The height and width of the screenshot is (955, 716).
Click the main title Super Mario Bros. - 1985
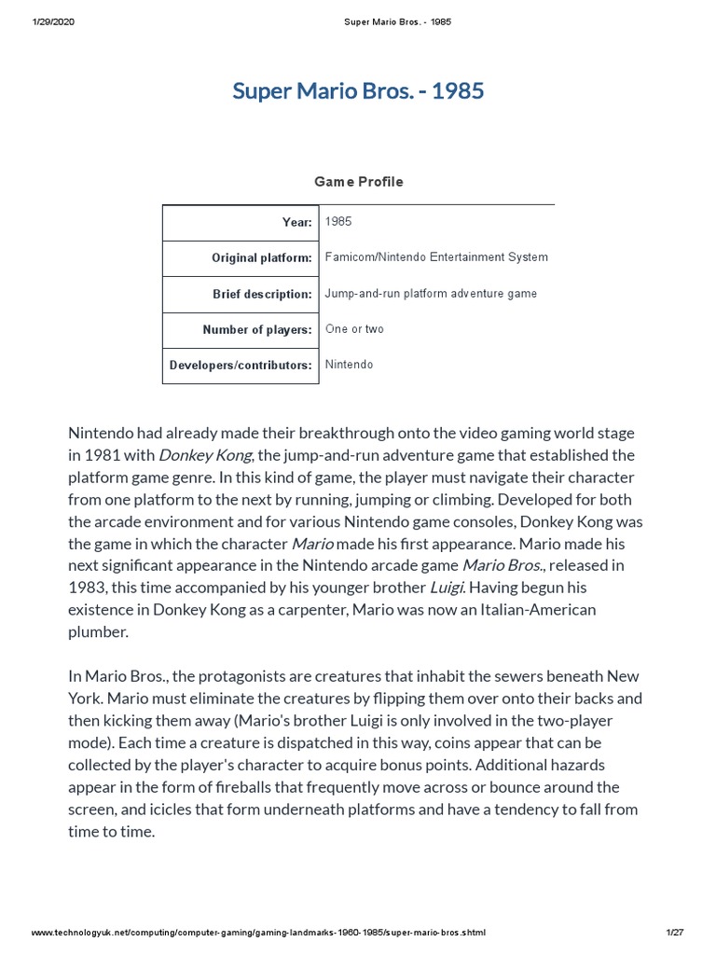(x=358, y=91)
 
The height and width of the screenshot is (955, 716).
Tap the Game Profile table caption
(x=358, y=182)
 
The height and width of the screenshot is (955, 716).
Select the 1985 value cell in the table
(x=338, y=222)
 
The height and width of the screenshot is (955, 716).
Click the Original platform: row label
(x=261, y=258)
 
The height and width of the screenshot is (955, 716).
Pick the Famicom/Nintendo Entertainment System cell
(x=436, y=257)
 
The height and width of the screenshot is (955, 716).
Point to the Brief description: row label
(x=262, y=295)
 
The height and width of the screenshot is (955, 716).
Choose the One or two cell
(x=354, y=329)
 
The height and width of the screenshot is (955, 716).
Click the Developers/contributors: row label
(x=241, y=366)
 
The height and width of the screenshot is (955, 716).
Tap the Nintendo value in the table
(x=349, y=365)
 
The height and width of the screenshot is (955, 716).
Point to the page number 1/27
(x=675, y=933)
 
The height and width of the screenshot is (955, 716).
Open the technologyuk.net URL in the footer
(x=258, y=933)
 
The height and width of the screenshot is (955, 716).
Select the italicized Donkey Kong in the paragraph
(x=205, y=455)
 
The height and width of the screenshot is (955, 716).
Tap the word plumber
(x=98, y=632)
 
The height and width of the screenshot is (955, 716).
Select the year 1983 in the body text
(x=88, y=588)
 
